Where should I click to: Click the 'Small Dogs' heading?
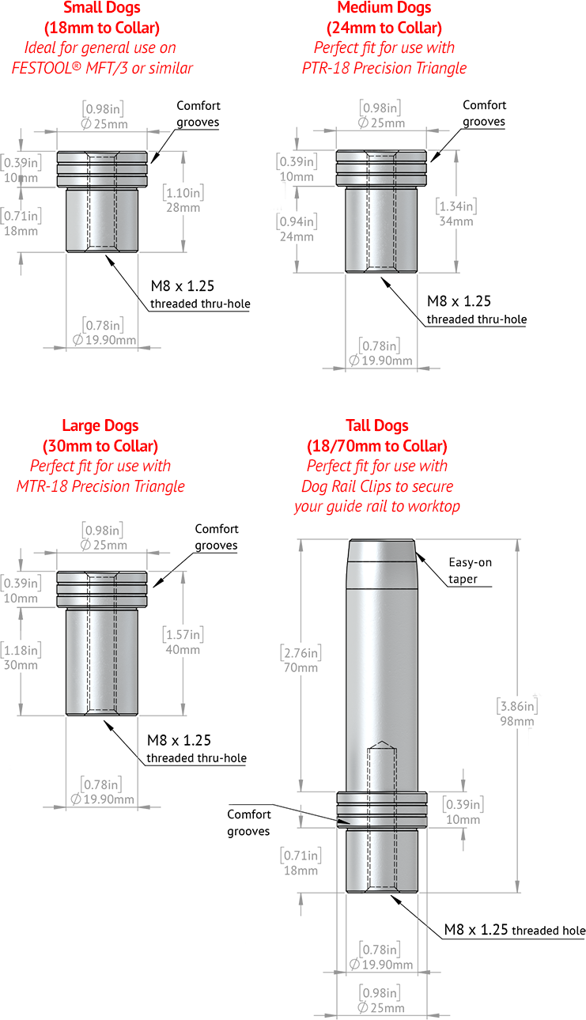click(101, 8)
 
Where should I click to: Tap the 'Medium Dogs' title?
click(384, 8)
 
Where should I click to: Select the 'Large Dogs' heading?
click(100, 425)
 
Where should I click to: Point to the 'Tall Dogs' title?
click(377, 425)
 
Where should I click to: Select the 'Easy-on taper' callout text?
click(470, 571)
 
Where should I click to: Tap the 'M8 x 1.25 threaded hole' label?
click(515, 930)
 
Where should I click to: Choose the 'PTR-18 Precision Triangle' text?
click(384, 68)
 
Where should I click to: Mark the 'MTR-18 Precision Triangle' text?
click(100, 486)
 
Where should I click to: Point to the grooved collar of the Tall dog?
click(382, 810)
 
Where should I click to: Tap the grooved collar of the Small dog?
click(102, 169)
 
